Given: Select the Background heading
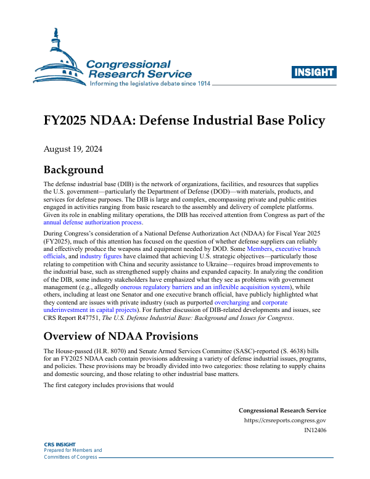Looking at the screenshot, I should coord(73,170).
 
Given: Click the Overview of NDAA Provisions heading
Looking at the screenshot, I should coord(120,337).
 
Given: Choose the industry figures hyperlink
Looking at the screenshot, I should coord(100,257).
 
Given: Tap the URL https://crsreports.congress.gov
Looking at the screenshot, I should coord(286,420).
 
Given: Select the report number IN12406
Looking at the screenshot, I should coord(315,430).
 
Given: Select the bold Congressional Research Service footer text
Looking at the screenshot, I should coord(282,411).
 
